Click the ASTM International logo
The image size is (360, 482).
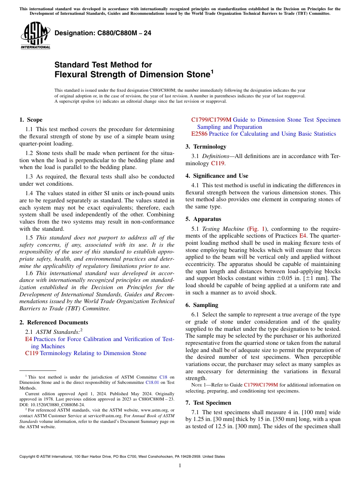[35, 36]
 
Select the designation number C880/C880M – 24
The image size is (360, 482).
[103, 33]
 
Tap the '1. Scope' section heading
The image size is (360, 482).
[31, 120]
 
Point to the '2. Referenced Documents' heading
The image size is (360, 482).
[53, 322]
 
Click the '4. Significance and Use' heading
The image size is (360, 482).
[217, 176]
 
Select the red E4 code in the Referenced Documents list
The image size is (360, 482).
[28, 339]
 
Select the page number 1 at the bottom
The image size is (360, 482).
[180, 466]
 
